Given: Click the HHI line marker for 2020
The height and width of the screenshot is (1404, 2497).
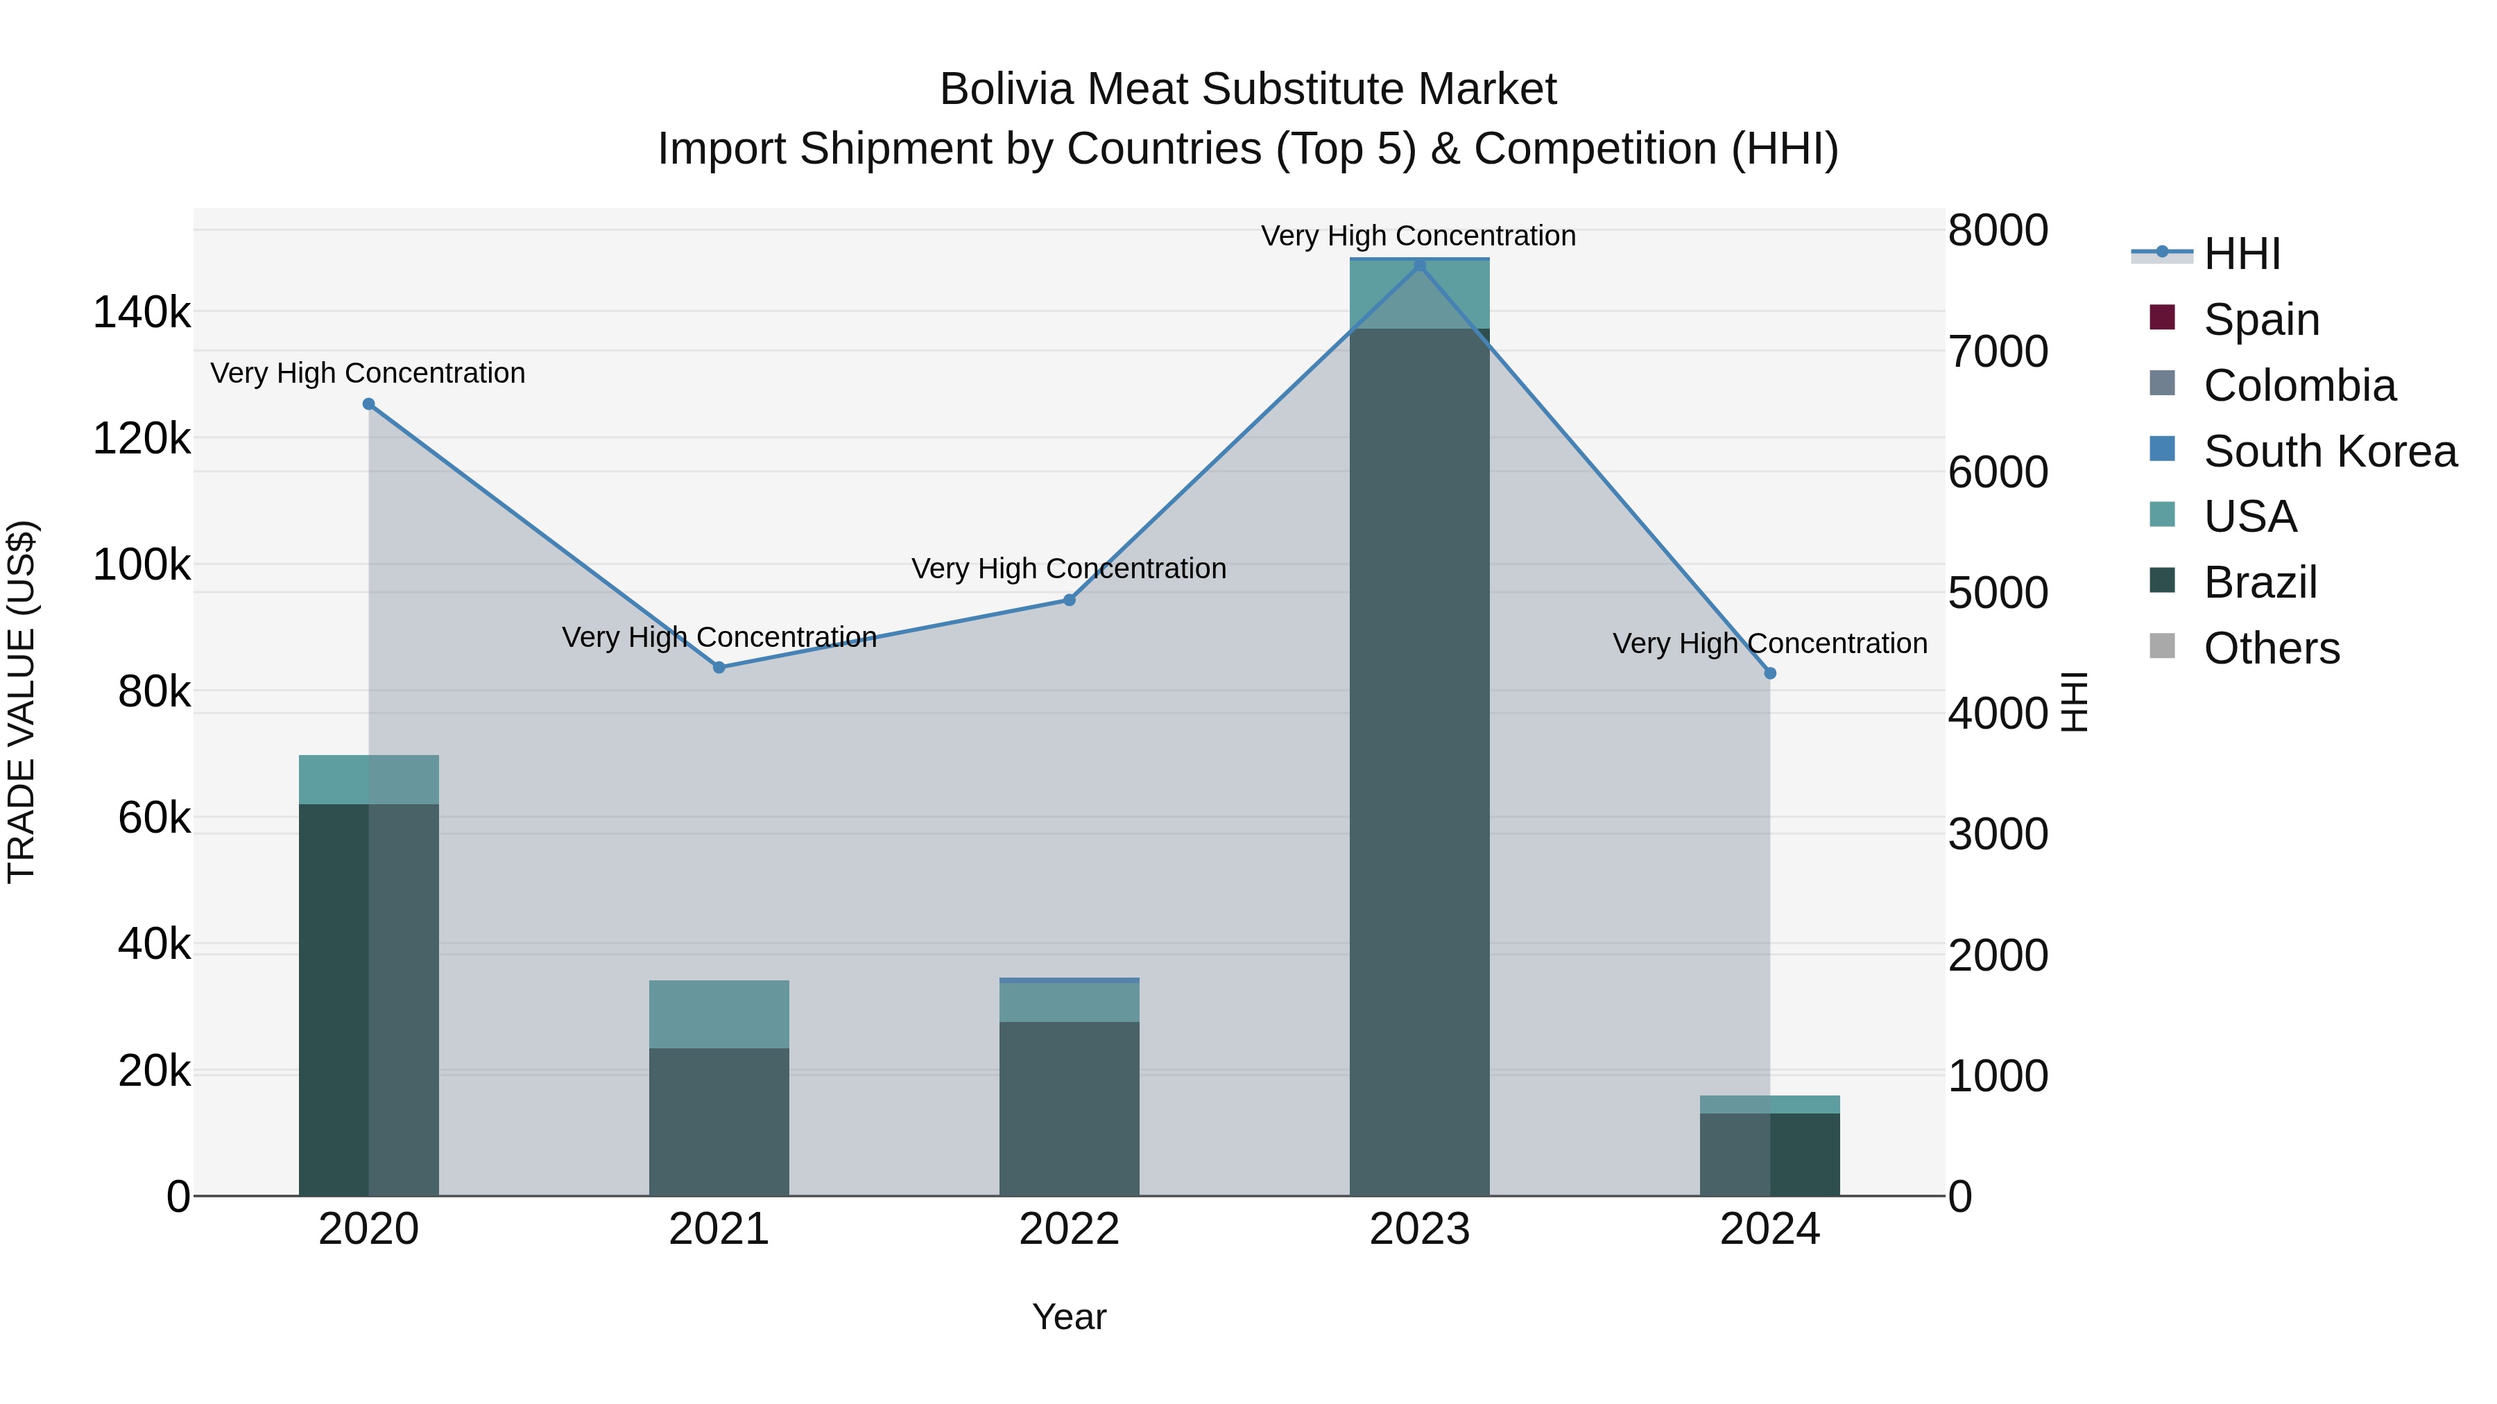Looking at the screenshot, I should pyautogui.click(x=368, y=404).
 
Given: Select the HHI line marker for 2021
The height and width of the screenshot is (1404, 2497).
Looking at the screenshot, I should pyautogui.click(x=719, y=666).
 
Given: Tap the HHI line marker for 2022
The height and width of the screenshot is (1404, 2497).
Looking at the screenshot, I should pyautogui.click(x=1069, y=600).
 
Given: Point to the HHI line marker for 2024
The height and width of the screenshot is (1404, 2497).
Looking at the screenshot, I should pyautogui.click(x=1770, y=673).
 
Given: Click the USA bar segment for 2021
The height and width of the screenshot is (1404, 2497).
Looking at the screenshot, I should pyautogui.click(x=719, y=1014).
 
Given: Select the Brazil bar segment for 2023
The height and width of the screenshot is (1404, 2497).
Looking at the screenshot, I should pyautogui.click(x=1419, y=761).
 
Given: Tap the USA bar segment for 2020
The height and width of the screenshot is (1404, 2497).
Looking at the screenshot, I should pyautogui.click(x=368, y=779).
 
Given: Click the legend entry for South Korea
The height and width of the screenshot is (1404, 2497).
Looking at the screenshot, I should pyautogui.click(x=2329, y=451).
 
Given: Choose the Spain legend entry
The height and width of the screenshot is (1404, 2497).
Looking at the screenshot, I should pyautogui.click(x=2260, y=319).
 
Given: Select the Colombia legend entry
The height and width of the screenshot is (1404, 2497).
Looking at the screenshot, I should pyautogui.click(x=2299, y=385).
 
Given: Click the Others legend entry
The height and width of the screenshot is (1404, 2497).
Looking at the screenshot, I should pyautogui.click(x=2270, y=648).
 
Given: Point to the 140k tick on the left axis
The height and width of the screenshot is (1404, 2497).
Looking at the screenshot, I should pyautogui.click(x=141, y=313).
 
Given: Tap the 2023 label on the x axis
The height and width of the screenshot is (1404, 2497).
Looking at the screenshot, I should pyautogui.click(x=1419, y=1229).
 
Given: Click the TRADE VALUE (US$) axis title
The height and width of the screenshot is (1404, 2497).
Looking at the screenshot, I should pyautogui.click(x=22, y=702).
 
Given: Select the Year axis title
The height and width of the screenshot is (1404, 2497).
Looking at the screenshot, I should pyautogui.click(x=1068, y=1317).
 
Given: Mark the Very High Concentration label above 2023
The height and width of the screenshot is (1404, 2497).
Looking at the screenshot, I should pyautogui.click(x=1418, y=236).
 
